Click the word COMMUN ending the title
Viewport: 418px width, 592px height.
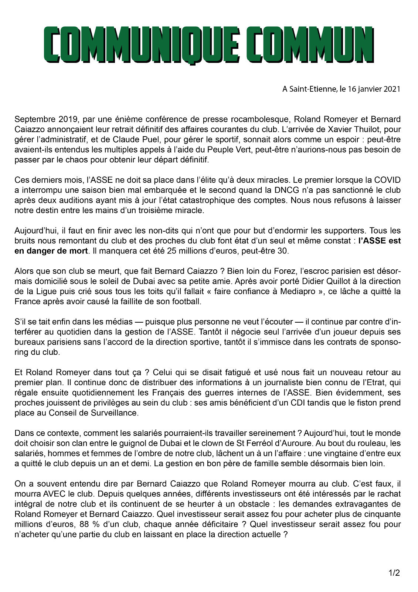tap(313, 44)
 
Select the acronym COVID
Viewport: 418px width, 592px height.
tap(387, 180)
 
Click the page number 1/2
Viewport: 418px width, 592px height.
tap(394, 573)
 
